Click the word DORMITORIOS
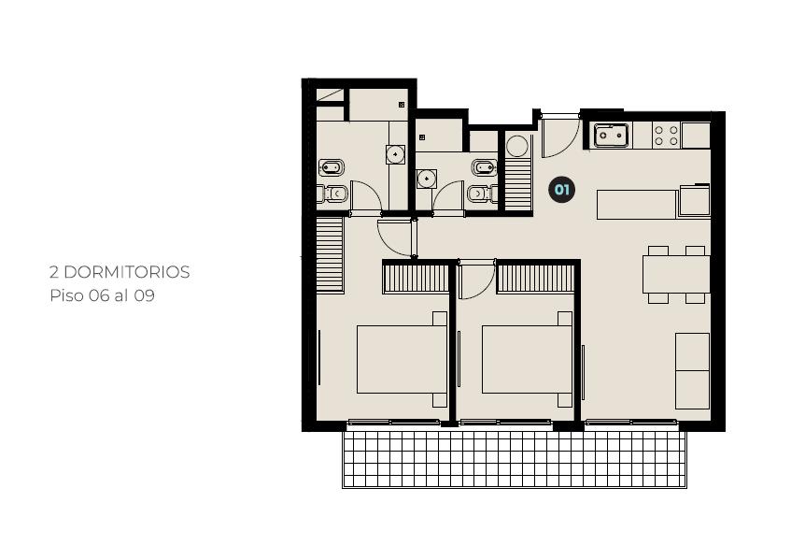pos(127,272)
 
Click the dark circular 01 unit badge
pos(562,190)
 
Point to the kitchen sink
pos(612,135)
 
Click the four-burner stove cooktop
pos(666,136)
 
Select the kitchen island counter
pos(637,205)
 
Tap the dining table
pos(676,274)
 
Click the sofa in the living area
pos(693,370)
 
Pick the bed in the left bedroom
pos(403,360)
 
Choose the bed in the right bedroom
pos(527,360)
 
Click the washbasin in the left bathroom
pos(396,154)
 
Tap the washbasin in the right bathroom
pos(427,179)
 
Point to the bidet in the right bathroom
pos(486,166)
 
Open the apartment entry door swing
pos(561,137)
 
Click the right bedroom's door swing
pos(476,280)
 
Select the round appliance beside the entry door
pos(517,147)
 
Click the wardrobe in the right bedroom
pos(535,279)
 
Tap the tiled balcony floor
pos(515,458)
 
